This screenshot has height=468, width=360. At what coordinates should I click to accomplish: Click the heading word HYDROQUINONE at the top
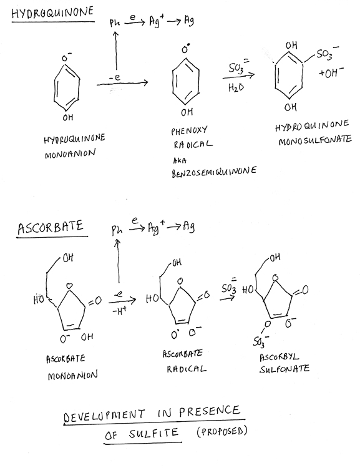click(52, 12)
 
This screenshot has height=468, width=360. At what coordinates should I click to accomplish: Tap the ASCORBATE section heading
click(50, 227)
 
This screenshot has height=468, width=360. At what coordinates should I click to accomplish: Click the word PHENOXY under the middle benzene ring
click(189, 130)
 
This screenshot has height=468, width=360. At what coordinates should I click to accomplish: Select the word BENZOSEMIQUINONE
click(214, 172)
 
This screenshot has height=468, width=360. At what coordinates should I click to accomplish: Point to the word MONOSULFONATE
click(315, 140)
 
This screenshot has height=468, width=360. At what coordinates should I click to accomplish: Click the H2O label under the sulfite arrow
click(236, 87)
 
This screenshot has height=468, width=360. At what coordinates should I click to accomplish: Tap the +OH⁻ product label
click(331, 72)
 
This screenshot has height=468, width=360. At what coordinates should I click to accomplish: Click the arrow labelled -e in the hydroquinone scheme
click(122, 84)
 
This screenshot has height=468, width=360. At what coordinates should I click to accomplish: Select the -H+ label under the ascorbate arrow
click(120, 311)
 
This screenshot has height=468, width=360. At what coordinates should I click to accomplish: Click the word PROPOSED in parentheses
click(222, 431)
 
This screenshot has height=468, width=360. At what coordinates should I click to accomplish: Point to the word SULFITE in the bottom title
click(153, 434)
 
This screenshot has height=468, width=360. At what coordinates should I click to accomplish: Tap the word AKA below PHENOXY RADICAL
click(180, 160)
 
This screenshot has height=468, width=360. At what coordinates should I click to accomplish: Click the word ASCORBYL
click(279, 357)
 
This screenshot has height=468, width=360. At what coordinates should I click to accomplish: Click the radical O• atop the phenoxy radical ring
click(185, 49)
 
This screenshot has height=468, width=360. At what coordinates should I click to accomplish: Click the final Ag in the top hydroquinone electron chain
click(189, 21)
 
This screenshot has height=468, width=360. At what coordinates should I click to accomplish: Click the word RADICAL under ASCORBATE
click(187, 369)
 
